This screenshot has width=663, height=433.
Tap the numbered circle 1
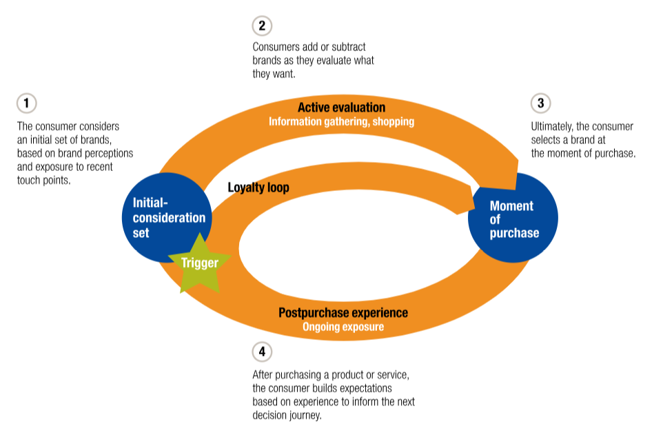26,103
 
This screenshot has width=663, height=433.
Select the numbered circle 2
262,26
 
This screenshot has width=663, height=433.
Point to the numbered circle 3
540,103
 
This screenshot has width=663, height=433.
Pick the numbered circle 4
262,352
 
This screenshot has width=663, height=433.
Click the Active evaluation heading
342,108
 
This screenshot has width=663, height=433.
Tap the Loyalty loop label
258,188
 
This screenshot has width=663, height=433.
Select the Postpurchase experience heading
343,313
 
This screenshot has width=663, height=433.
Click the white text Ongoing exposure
343,327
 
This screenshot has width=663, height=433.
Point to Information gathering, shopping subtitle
342,122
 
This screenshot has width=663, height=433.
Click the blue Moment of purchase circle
513,218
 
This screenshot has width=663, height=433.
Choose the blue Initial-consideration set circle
167,218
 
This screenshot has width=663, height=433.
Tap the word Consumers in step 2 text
269,47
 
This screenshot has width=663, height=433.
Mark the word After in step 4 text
263,375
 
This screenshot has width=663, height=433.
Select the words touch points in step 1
43,181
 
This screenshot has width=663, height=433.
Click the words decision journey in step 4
287,416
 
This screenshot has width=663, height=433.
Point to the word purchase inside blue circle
514,234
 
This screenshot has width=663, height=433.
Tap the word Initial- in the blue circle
150,203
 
